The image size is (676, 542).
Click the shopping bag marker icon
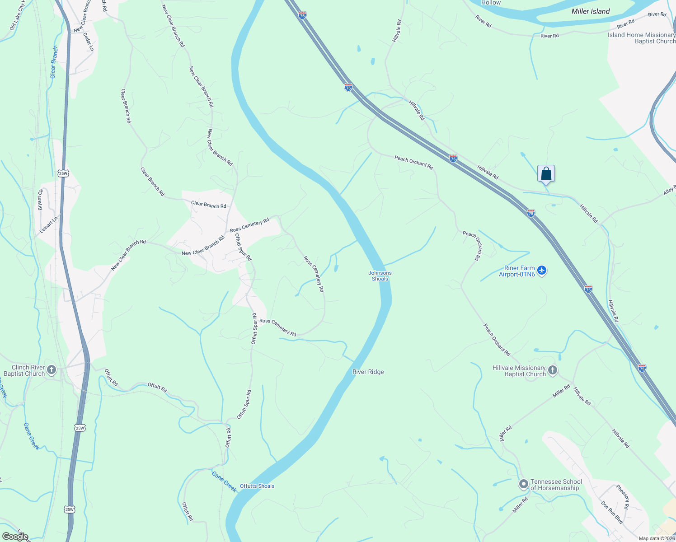pyautogui.click(x=546, y=173)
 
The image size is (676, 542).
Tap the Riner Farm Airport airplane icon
pyautogui.click(x=542, y=271)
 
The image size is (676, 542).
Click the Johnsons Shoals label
pyautogui.click(x=380, y=276)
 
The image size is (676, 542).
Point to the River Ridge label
pyautogui.click(x=368, y=372)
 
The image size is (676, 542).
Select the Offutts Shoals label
pyautogui.click(x=257, y=486)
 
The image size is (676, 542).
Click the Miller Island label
pyautogui.click(x=591, y=11)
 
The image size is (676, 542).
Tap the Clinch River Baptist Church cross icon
pyautogui.click(x=52, y=370)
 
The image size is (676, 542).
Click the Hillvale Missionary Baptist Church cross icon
pyautogui.click(x=553, y=371)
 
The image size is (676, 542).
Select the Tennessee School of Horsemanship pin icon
pyautogui.click(x=524, y=485)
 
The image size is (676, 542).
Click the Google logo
pyautogui.click(x=15, y=537)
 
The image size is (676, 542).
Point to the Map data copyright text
pyautogui.click(x=657, y=538)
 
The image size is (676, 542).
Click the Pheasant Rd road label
pyautogui.click(x=623, y=497)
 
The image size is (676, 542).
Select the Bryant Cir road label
pyautogui.click(x=40, y=200)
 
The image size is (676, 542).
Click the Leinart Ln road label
pyautogui.click(x=49, y=224)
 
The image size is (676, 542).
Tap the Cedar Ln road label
pyautogui.click(x=88, y=41)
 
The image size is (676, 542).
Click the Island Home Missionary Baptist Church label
pyautogui.click(x=641, y=38)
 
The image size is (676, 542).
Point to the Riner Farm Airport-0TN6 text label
pyautogui.click(x=517, y=271)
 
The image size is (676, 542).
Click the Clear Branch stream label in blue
pyautogui.click(x=54, y=62)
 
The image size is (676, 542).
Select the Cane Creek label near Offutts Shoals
pyautogui.click(x=224, y=481)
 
